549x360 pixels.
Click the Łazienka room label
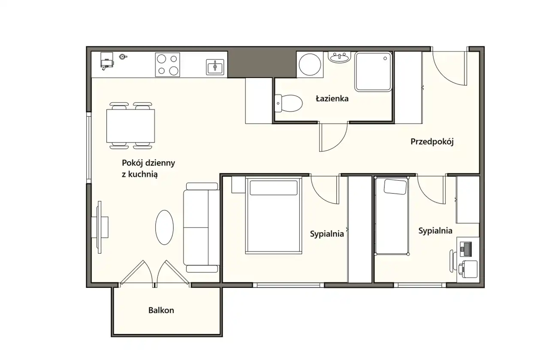click(x=332, y=99)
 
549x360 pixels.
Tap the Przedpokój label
click(x=432, y=142)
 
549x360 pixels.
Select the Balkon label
click(x=161, y=310)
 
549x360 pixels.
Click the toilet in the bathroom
click(x=289, y=103)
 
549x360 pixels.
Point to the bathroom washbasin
click(x=339, y=57)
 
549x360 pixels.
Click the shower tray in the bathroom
click(x=373, y=72)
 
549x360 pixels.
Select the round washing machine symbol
click(x=310, y=65)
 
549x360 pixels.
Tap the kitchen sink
click(x=215, y=67)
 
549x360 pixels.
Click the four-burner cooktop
click(x=168, y=64)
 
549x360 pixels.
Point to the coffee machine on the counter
click(x=107, y=61)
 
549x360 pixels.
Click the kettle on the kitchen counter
click(x=123, y=57)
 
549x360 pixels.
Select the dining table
click(x=131, y=126)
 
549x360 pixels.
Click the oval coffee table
click(x=164, y=227)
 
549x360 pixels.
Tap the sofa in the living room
click(x=202, y=227)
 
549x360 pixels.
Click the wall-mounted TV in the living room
click(x=100, y=227)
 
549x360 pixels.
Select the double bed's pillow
click(x=274, y=188)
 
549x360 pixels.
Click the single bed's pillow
click(x=395, y=187)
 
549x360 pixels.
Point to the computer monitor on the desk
click(x=466, y=249)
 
